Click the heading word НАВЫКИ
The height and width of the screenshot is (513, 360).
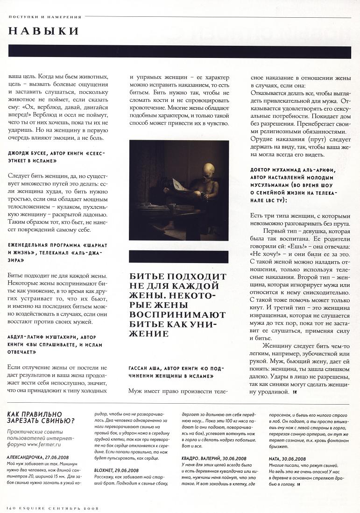click(43, 31)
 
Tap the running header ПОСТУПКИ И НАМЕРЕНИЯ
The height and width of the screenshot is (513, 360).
click(45, 17)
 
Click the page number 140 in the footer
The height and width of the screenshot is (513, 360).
click(12, 507)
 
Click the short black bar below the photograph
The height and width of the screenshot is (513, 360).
click(178, 256)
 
